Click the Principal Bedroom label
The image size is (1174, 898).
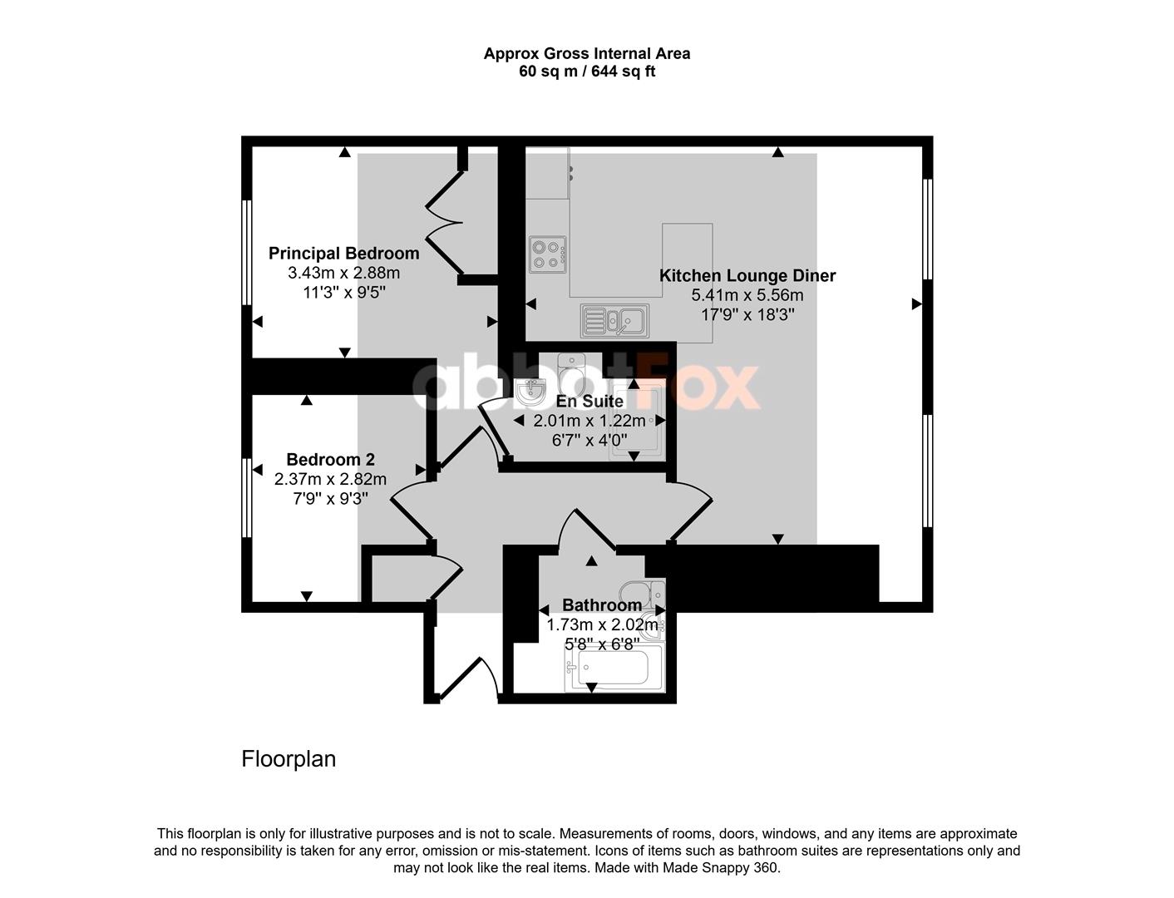coord(343,253)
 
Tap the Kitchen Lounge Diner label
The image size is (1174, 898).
coord(747,275)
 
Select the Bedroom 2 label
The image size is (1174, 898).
coord(331,460)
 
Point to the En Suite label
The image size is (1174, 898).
coord(589,401)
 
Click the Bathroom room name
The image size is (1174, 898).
coord(602,605)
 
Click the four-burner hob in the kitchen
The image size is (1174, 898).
coord(548,254)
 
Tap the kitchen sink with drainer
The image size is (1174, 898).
coord(615,321)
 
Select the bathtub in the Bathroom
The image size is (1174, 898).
coord(614,669)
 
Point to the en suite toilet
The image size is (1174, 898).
coord(570,373)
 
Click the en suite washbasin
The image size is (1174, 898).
coord(530,392)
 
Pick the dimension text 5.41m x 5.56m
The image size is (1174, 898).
coord(747,294)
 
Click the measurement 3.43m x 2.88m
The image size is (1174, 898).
coord(344,273)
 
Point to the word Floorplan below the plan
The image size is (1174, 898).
coord(289,758)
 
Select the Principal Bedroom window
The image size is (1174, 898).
coord(247,253)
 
